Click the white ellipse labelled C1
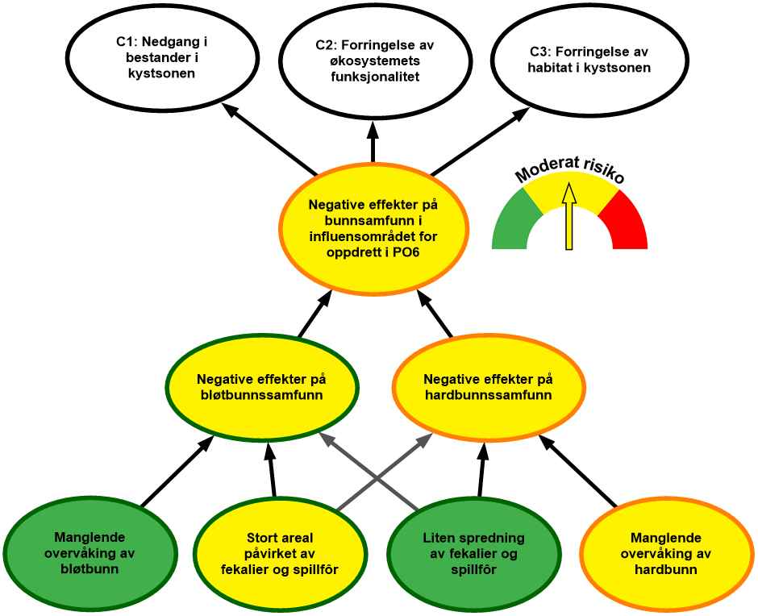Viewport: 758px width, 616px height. (156, 58)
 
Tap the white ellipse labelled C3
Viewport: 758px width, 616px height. (589, 60)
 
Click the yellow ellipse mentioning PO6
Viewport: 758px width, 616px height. (373, 229)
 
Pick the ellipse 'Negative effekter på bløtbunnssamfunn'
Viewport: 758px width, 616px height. (262, 387)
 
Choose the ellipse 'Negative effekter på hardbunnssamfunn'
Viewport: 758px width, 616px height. (488, 387)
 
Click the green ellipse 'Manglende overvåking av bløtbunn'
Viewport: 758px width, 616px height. (90, 553)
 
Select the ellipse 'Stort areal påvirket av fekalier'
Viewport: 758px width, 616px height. (279, 553)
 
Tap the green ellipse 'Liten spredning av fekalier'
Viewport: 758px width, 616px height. (474, 553)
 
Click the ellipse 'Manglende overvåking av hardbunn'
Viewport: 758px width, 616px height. (665, 553)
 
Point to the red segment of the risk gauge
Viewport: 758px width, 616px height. (627, 222)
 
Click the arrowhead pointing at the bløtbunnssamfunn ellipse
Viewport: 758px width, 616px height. (324, 438)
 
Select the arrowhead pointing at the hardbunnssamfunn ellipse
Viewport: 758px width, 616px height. (428, 438)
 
